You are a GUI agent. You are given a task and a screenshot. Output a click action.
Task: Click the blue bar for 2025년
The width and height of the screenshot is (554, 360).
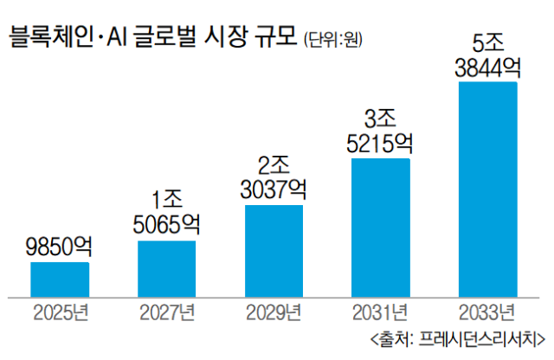[60, 278]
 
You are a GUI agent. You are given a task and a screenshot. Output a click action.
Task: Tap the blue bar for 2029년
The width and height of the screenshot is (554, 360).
[274, 250]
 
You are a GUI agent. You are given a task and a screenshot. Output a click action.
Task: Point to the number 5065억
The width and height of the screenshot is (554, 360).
[167, 226]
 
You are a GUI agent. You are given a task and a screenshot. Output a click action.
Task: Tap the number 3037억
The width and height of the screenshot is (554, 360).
[274, 190]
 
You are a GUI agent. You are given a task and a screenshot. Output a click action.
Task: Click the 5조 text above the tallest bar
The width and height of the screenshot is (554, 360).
[488, 41]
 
